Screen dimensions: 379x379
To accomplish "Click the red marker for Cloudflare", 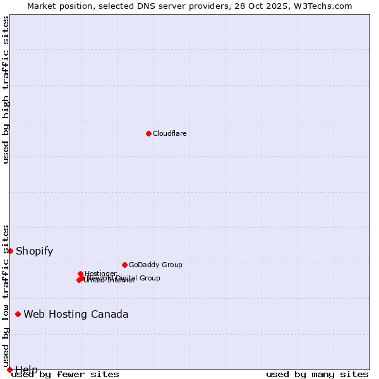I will (148, 133).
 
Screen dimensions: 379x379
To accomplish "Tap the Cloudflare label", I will (169, 133).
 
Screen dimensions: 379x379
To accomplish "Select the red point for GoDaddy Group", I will (124, 265).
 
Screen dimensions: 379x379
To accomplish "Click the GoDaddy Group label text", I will (155, 265).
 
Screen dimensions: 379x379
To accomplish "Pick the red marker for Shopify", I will (10, 251).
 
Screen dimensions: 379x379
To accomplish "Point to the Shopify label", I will (34, 251).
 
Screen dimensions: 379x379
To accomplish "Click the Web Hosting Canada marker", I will (18, 314).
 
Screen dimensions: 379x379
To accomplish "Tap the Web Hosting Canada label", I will (76, 314).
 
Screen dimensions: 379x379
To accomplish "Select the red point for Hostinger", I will (80, 274).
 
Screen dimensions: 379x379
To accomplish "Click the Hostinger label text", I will (100, 274).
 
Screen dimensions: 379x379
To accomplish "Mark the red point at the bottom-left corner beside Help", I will (9, 370).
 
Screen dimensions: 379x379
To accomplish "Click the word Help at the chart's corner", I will (27, 369).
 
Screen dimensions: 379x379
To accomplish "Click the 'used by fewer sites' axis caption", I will (65, 374).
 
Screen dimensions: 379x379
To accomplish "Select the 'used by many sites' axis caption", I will (317, 374).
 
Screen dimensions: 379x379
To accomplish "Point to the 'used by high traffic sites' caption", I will (6, 90).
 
